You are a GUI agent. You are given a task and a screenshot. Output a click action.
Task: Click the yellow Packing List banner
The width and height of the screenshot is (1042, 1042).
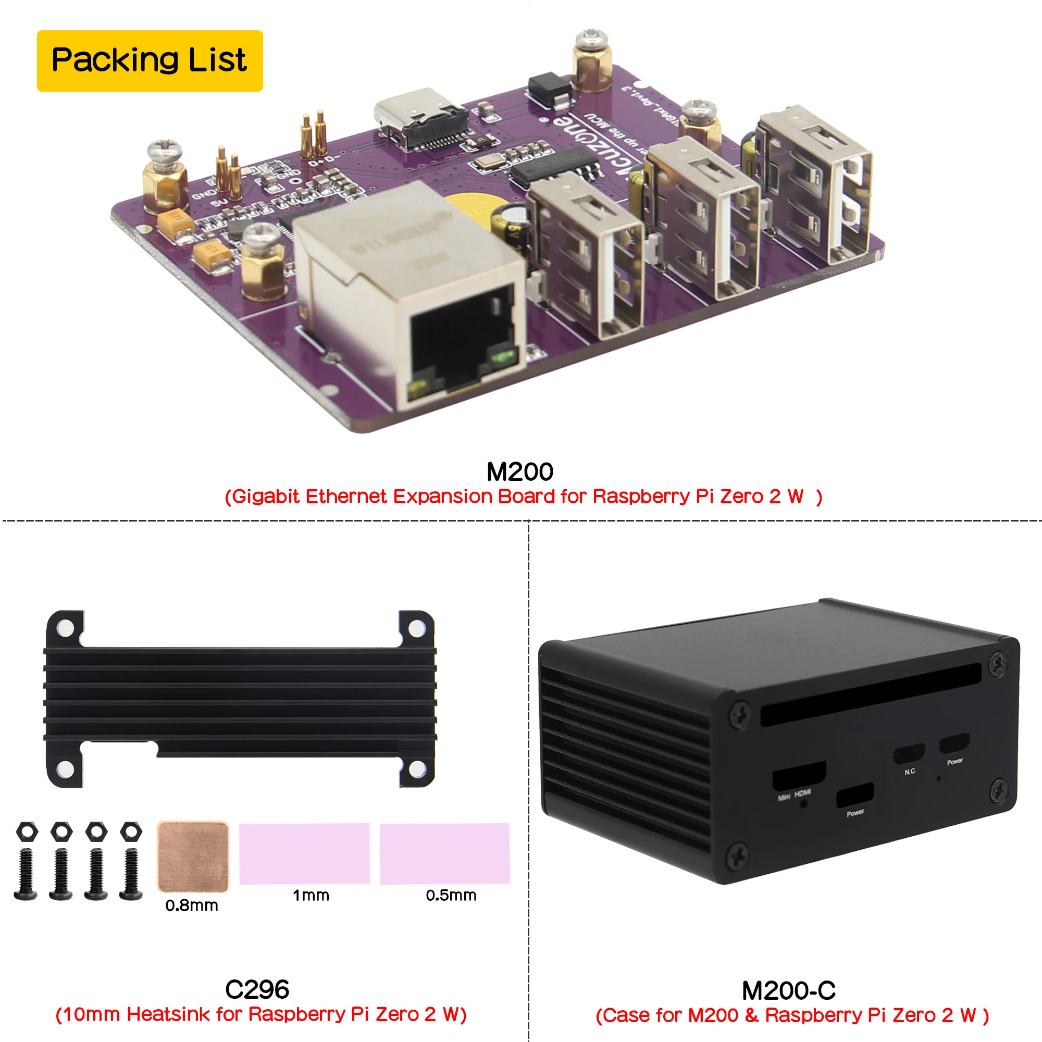coord(150,60)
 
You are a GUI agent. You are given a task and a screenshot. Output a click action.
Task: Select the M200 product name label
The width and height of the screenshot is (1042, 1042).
coord(519,472)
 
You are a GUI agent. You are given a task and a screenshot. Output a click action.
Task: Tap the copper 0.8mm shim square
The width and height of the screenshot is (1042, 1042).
coord(193,857)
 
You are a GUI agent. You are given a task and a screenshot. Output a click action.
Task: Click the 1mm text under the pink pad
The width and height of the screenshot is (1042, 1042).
coord(311,896)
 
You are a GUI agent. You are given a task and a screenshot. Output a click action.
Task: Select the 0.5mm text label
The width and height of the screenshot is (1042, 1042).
coord(451,896)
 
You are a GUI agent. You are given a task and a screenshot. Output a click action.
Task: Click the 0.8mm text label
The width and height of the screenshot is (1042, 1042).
coord(191,905)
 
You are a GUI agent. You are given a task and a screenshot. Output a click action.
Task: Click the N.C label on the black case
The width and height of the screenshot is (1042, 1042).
coord(910,772)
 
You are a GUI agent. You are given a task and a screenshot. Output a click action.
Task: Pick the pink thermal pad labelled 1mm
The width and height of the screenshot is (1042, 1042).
coord(304,853)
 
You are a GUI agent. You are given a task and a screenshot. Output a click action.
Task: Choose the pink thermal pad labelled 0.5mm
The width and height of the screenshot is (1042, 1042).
coord(444,853)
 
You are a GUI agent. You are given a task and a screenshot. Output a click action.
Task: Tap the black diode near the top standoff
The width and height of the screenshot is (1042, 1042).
coord(549,89)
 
